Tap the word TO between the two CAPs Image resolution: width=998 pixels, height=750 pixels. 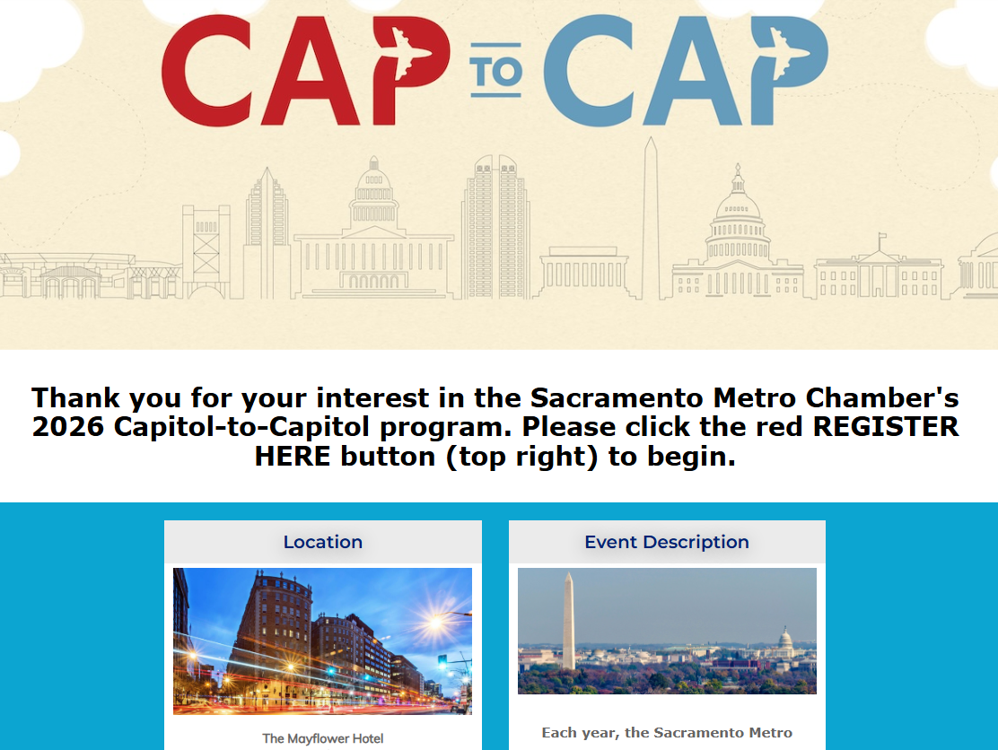pyautogui.click(x=496, y=71)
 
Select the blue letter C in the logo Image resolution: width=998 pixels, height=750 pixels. pyautogui.click(x=588, y=70)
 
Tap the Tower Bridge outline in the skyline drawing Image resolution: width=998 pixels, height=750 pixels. pyautogui.click(x=206, y=251)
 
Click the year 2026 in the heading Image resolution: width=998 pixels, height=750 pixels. pyautogui.click(x=68, y=427)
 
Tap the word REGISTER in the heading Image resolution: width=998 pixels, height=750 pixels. pyautogui.click(x=885, y=427)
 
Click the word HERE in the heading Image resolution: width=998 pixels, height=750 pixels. pyautogui.click(x=293, y=456)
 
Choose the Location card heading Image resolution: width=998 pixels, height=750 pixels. pyautogui.click(x=323, y=542)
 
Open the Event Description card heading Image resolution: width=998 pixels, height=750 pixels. pyautogui.click(x=667, y=542)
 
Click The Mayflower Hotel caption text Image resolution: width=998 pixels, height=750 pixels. pyautogui.click(x=323, y=738)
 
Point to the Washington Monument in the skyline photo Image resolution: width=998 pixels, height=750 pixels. pyautogui.click(x=568, y=620)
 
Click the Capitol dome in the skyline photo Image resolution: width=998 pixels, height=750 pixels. pyautogui.click(x=786, y=641)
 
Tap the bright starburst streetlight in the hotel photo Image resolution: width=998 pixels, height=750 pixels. pyautogui.click(x=436, y=622)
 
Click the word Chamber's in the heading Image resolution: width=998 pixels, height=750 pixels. pyautogui.click(x=882, y=398)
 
